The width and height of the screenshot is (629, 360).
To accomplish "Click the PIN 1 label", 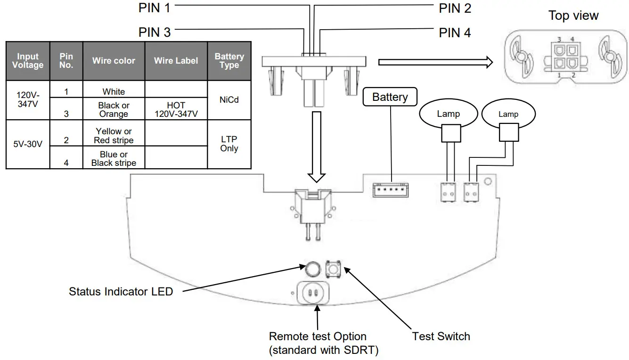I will click(x=154, y=8).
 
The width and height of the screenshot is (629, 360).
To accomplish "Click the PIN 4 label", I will click(x=455, y=33).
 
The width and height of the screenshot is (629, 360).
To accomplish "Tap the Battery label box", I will click(x=390, y=98).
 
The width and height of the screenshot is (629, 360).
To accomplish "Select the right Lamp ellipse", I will click(x=508, y=114).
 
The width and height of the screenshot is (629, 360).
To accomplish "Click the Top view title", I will click(x=573, y=16).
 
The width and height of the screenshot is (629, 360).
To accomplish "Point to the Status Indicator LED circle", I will click(x=312, y=269).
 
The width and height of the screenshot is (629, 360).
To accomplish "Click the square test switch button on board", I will click(x=334, y=269).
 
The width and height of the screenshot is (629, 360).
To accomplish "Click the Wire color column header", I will click(x=114, y=61).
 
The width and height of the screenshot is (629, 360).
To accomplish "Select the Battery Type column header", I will click(x=229, y=61).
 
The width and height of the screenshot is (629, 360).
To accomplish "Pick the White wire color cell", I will click(x=114, y=91).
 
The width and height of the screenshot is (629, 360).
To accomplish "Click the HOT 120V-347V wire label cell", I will click(x=176, y=110).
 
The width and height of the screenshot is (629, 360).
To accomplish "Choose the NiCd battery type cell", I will click(x=229, y=100).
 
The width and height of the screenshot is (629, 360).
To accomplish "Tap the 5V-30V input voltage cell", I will click(x=28, y=144).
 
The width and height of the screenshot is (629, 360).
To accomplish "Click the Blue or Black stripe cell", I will click(x=114, y=159).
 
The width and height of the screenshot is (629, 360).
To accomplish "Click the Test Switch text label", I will click(x=441, y=336).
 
